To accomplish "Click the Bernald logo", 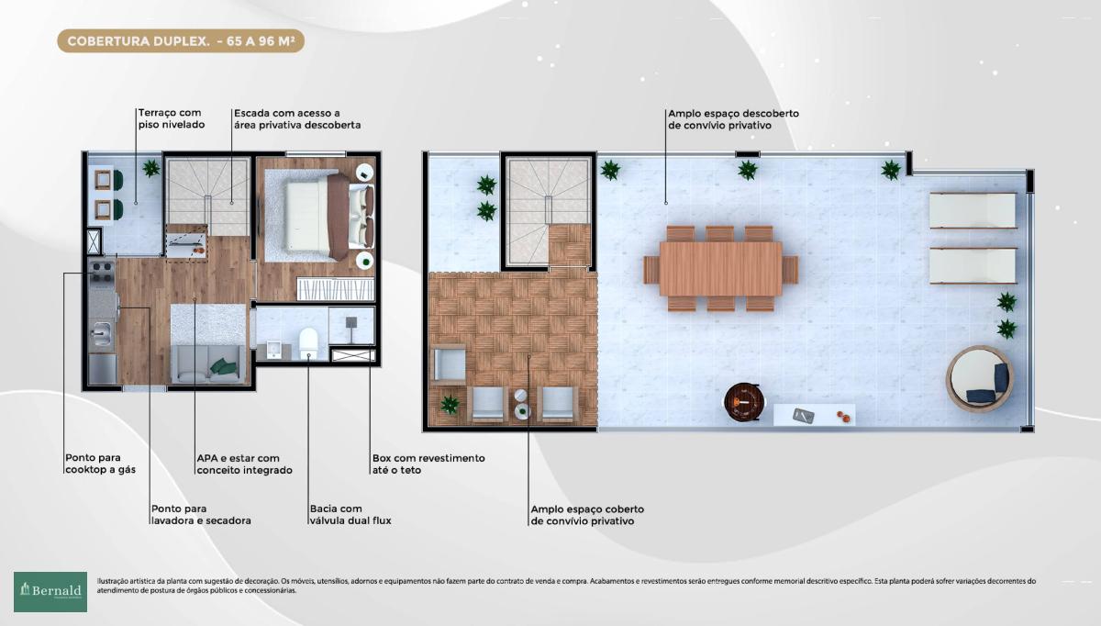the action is click(x=50, y=591).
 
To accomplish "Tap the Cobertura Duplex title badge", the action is click(x=181, y=40).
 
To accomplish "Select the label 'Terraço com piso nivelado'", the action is click(x=171, y=118).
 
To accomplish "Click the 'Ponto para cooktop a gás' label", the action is click(x=100, y=464).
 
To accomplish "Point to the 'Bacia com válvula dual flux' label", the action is click(x=350, y=515).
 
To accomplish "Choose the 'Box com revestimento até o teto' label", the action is click(x=428, y=464).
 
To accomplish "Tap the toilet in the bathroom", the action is click(x=308, y=341).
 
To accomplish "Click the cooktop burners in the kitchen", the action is click(x=102, y=273).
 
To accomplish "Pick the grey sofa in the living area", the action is click(x=208, y=363).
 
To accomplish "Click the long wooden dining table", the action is click(x=720, y=269).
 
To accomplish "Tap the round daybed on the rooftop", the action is click(x=980, y=378).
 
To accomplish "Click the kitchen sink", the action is click(x=101, y=334).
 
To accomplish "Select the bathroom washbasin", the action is click(x=273, y=349).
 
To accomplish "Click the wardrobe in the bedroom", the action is click(x=336, y=288).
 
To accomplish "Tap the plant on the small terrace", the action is click(x=151, y=169).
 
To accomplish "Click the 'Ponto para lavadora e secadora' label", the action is click(x=201, y=514).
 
